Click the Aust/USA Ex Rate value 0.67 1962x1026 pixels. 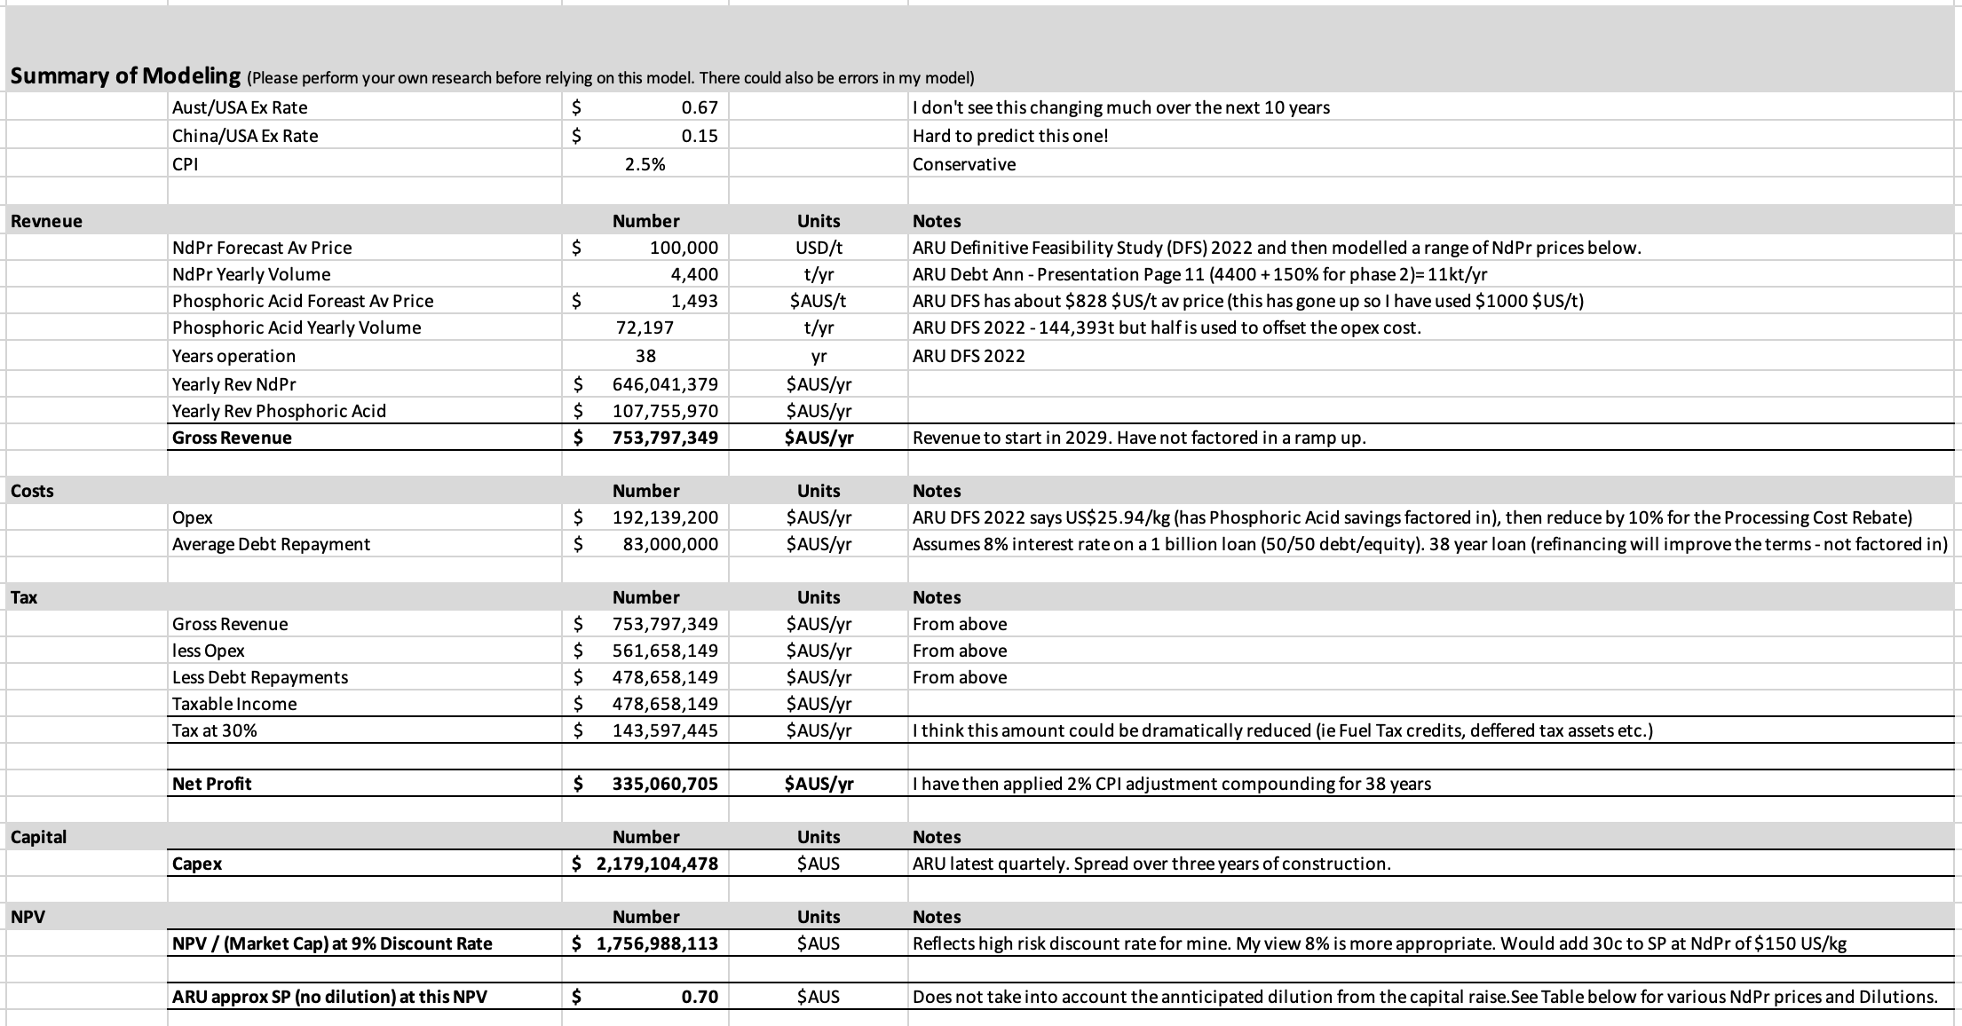tap(699, 107)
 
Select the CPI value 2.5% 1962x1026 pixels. tap(645, 164)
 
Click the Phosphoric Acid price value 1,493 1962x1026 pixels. tap(694, 301)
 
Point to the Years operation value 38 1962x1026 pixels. tap(645, 356)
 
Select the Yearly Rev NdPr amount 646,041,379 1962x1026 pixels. tap(665, 384)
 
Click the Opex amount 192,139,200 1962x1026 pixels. tap(665, 517)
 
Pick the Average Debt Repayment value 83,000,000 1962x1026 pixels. tap(670, 544)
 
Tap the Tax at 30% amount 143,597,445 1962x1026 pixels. tap(665, 730)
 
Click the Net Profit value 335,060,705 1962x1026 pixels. tap(665, 784)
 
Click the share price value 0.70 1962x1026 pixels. tap(699, 997)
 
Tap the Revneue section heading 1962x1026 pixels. tap(46, 221)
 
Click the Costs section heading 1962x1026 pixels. tap(32, 491)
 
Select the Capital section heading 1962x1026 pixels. tap(38, 837)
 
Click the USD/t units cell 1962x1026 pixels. tap(819, 248)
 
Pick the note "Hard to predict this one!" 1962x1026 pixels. tap(1010, 136)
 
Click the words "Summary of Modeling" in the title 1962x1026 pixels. tap(125, 76)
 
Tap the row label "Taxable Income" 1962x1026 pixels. tap(234, 704)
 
